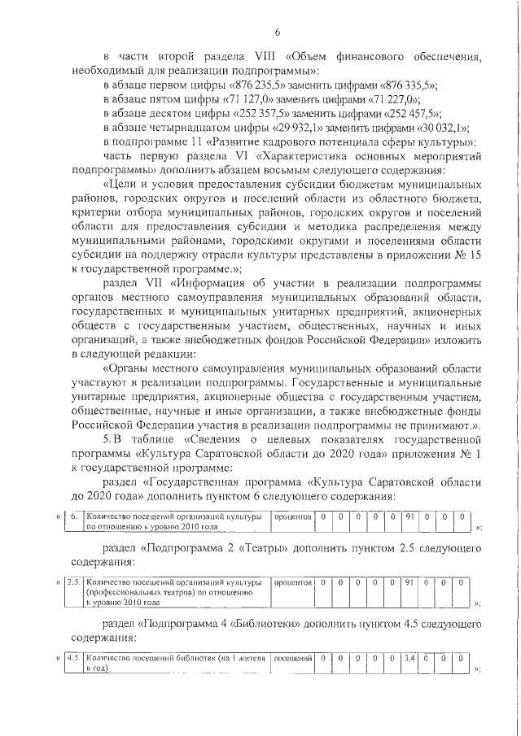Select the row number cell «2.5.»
pos(74,581)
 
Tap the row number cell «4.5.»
pos(74,657)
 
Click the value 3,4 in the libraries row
pos(409,657)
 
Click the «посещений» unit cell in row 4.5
pos(291,657)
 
